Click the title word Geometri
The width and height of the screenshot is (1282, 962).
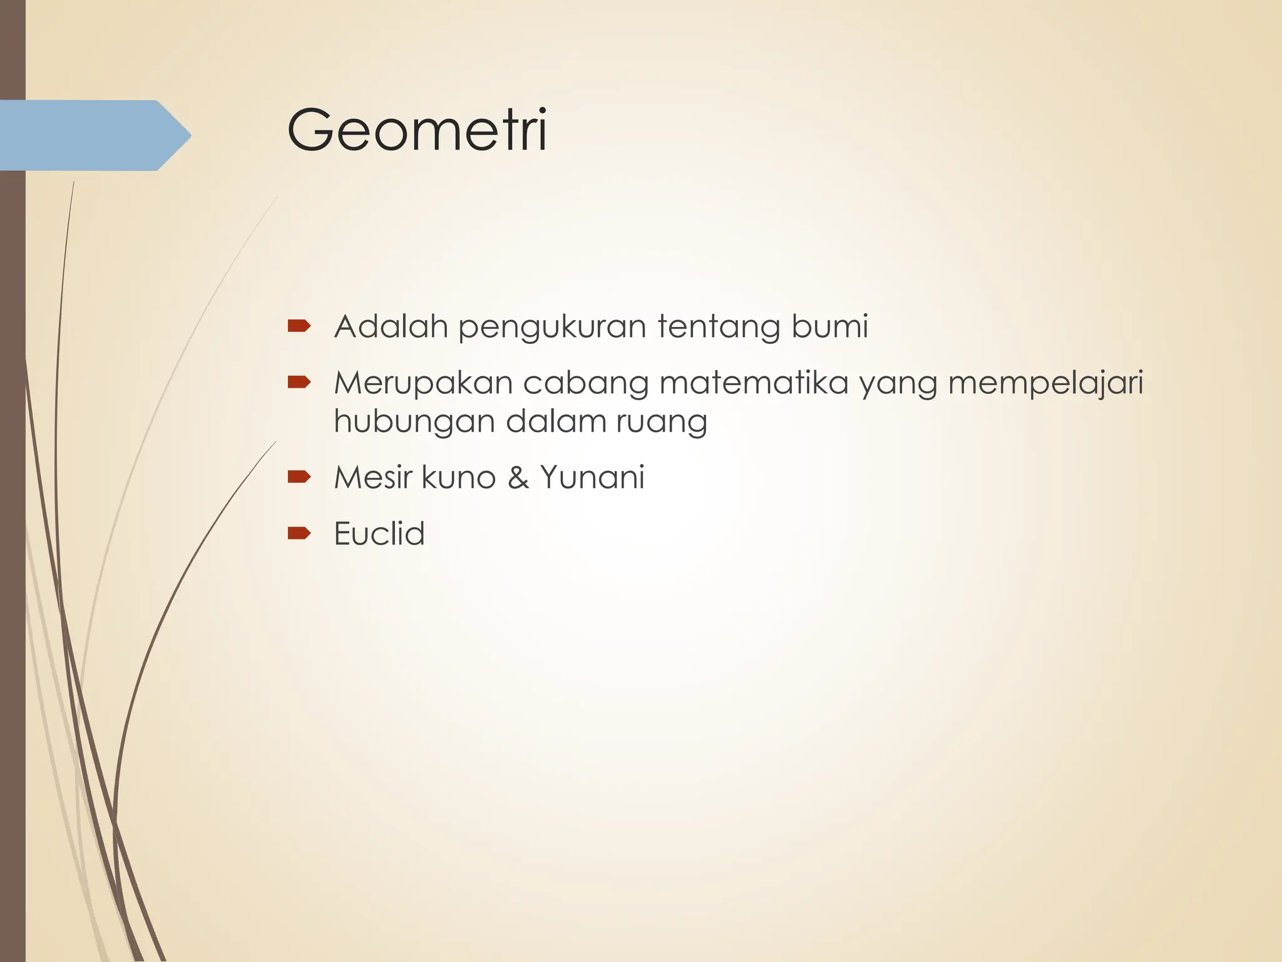(417, 130)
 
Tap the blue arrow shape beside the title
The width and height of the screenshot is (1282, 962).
(94, 135)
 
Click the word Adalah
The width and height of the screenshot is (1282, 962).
(391, 326)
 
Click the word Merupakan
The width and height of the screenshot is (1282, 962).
(423, 383)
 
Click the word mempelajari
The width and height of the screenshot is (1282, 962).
(1045, 384)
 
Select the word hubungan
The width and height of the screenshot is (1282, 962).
(414, 422)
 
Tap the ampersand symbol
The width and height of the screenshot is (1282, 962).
(518, 478)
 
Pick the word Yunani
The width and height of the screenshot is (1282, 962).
(592, 477)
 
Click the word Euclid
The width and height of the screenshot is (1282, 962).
(379, 534)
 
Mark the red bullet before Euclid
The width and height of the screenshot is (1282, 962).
(299, 533)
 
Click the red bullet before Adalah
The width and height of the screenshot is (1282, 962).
(299, 326)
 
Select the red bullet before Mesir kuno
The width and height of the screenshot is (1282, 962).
(299, 477)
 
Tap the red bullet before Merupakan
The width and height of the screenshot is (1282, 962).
(299, 382)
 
